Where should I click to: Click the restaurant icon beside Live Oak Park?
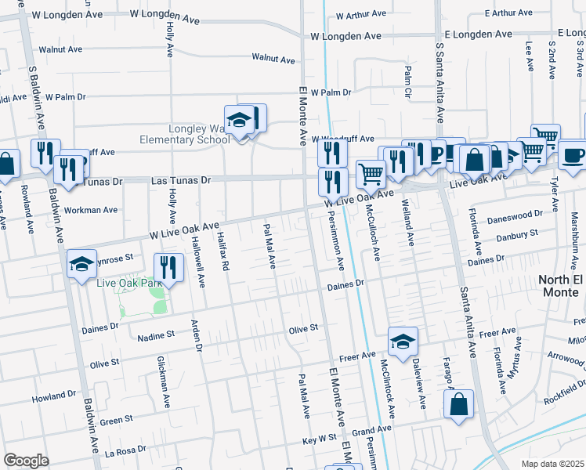coord(167,268)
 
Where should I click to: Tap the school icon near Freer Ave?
coord(403,342)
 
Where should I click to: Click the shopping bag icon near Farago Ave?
coord(458,405)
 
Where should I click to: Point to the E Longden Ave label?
coord(478,34)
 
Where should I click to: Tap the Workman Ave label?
coord(92,210)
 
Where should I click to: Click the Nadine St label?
coord(155,334)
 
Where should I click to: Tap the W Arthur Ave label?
coord(360,14)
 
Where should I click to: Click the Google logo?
coord(26,461)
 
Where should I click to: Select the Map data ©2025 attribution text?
coord(552,464)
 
